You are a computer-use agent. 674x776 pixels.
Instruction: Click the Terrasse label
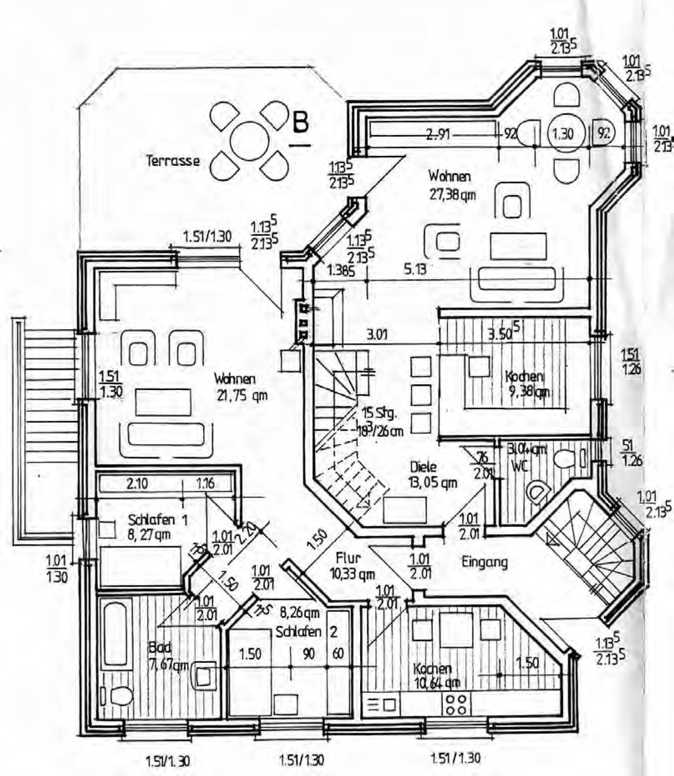tap(173, 161)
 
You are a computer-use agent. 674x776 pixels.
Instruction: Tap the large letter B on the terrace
tap(300, 122)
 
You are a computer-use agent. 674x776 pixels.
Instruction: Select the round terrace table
tap(249, 141)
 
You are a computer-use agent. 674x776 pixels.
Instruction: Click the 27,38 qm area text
tap(453, 195)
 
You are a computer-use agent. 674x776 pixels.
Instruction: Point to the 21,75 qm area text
tap(242, 395)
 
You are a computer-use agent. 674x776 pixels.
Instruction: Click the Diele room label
tap(423, 467)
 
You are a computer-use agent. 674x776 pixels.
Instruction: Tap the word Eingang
tap(484, 562)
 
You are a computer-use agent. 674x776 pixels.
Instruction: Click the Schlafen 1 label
tap(158, 520)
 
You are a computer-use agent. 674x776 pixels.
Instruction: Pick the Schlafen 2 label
tap(306, 632)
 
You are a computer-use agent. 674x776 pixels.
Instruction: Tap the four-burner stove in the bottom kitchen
tap(456, 705)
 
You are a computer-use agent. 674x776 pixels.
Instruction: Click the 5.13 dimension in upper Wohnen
tap(415, 269)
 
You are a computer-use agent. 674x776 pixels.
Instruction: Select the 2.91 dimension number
tap(438, 134)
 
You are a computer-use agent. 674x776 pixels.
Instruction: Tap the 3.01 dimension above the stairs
tap(377, 334)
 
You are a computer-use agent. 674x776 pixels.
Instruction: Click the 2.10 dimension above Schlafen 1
tap(137, 484)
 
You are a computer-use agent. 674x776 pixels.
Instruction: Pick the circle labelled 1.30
tap(563, 134)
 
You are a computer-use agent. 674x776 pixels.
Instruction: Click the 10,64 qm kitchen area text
tap(437, 683)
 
